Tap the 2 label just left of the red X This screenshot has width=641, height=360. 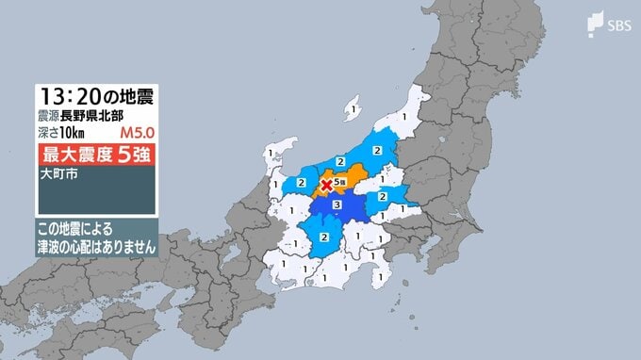tap(301, 182)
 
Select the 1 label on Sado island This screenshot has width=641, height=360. tap(352, 111)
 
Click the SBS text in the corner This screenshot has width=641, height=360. tap(613, 25)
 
